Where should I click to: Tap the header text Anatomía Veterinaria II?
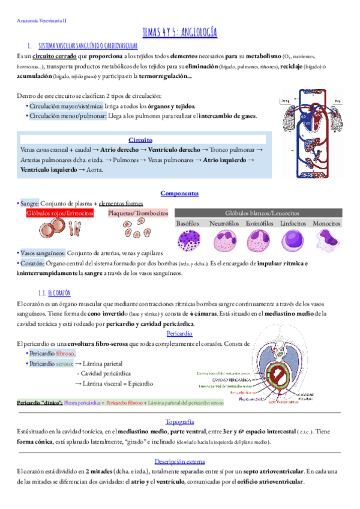(x=41, y=20)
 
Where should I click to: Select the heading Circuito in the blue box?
(x=140, y=139)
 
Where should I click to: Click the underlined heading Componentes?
(x=179, y=193)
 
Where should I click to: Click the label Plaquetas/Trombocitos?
(x=137, y=213)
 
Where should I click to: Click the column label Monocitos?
(x=327, y=223)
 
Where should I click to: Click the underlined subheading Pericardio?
(x=179, y=334)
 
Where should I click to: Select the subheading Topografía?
(x=179, y=421)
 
